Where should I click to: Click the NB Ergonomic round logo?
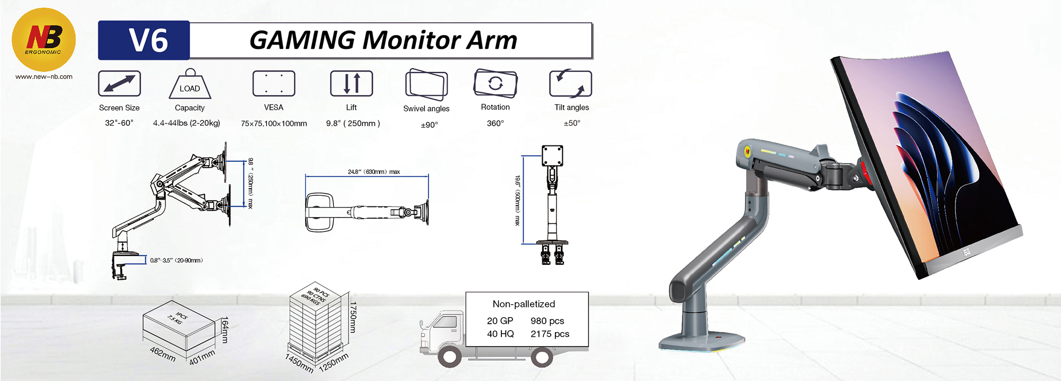[x=44, y=40]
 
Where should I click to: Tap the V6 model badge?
[x=144, y=40]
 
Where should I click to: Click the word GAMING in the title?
[x=302, y=40]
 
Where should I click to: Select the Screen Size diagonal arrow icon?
[x=119, y=83]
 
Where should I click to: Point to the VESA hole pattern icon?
[x=274, y=83]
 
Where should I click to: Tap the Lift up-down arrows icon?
[x=351, y=83]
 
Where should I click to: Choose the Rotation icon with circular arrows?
[x=495, y=83]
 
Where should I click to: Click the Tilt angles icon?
[x=571, y=83]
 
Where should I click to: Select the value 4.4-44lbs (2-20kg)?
[x=186, y=123]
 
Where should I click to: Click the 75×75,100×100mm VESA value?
[x=274, y=123]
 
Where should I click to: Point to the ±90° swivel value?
[x=429, y=125]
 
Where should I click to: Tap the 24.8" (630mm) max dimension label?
[x=374, y=172]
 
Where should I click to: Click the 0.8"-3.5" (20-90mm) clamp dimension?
[x=177, y=261]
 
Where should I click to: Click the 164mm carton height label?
[x=225, y=330]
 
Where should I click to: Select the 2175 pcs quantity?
[x=550, y=334]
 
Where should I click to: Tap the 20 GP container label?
[x=500, y=321]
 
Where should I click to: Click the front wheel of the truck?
[x=449, y=357]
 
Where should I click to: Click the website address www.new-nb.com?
[x=44, y=76]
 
